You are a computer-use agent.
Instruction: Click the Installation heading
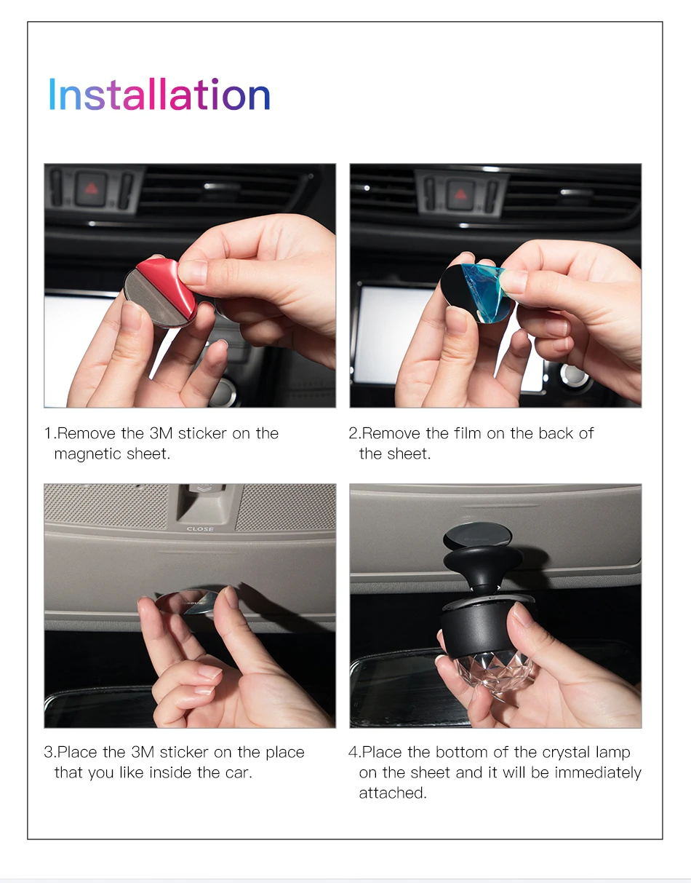tap(159, 95)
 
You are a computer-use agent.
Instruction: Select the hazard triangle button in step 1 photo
tap(91, 188)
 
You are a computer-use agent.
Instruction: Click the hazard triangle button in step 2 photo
tap(460, 194)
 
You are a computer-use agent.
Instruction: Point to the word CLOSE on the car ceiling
tap(200, 529)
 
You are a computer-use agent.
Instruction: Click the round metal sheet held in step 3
tap(187, 602)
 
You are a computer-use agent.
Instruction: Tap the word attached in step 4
tap(393, 793)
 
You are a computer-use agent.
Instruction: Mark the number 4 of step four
tap(354, 752)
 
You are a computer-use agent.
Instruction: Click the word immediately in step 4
tap(598, 773)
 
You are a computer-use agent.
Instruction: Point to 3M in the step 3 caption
tap(143, 752)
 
